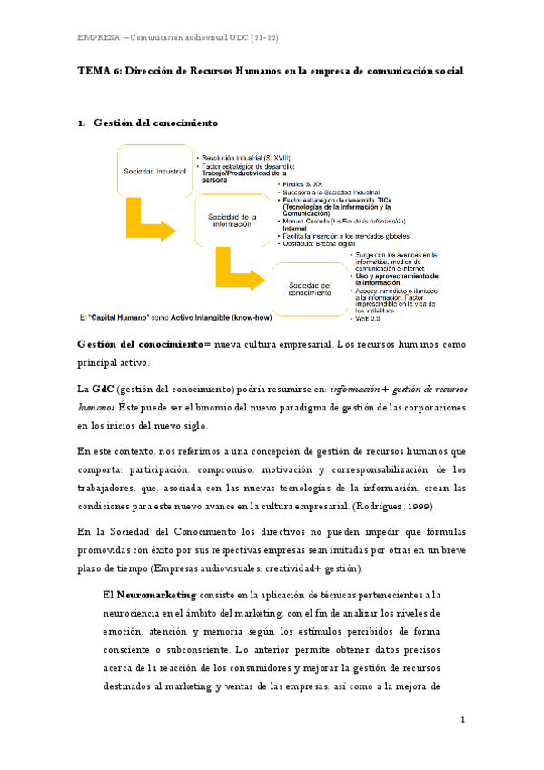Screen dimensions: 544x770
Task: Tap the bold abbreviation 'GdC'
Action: (x=102, y=389)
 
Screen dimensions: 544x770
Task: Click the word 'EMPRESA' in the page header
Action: (x=100, y=36)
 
